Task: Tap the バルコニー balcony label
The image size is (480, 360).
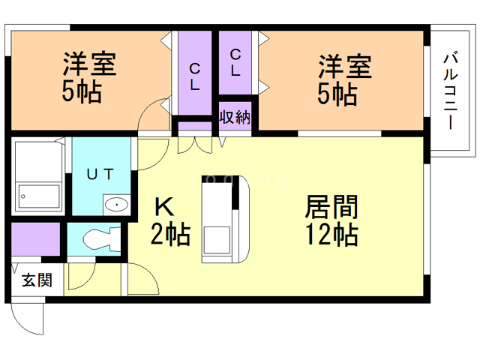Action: click(451, 89)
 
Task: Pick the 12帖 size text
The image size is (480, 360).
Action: click(331, 235)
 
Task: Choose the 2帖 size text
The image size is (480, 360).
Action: click(170, 235)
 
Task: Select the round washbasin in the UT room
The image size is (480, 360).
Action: click(115, 204)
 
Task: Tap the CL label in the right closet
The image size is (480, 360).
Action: click(235, 63)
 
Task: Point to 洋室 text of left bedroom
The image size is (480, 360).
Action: click(89, 64)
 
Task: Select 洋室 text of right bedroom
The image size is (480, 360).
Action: click(344, 66)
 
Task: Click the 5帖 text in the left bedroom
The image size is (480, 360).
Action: click(82, 93)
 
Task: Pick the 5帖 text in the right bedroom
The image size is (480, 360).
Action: click(337, 94)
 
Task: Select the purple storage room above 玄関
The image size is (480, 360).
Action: click(36, 240)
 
